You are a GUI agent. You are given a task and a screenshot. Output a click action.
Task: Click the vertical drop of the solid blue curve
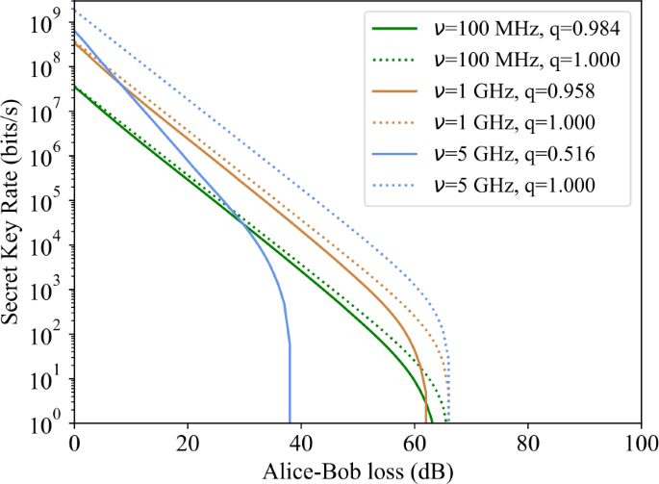[290, 375]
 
